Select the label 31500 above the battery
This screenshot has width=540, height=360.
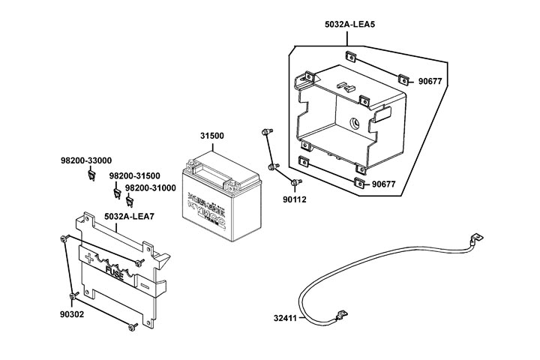coord(212,136)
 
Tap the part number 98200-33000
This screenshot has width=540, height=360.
coord(86,160)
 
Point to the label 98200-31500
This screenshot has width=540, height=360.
coord(134,176)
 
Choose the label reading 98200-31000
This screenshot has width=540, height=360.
coord(150,188)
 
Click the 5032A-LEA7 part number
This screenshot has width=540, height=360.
coord(129,217)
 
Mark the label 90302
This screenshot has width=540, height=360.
coord(73,313)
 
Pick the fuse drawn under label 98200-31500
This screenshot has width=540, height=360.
coord(117,193)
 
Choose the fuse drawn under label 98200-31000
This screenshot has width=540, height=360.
coord(129,200)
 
